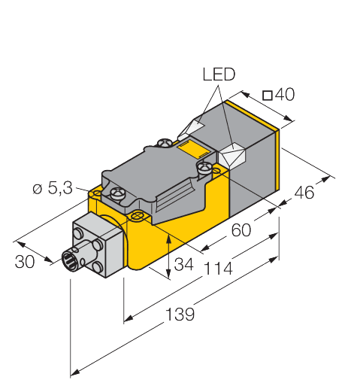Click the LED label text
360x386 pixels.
coord(219,74)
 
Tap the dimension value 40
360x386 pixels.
coord(283,95)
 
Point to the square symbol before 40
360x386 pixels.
coord(267,95)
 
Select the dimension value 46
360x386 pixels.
coord(304,193)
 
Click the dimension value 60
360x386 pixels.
coord(241,231)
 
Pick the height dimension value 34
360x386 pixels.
coord(183,265)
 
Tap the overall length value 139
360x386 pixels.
coord(179,314)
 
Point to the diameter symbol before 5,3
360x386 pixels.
coord(37,190)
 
